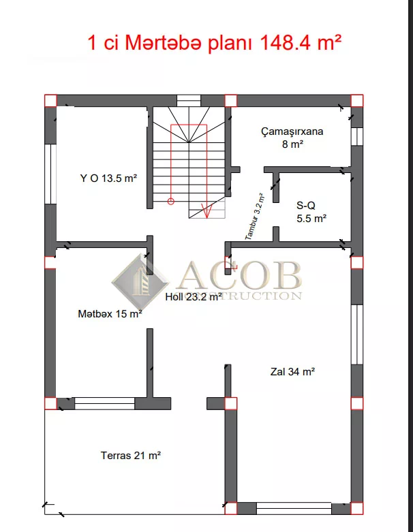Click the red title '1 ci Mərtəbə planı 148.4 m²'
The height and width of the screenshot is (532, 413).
214,43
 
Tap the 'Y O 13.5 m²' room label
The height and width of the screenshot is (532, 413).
108,178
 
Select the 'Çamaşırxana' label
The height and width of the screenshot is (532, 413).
292,131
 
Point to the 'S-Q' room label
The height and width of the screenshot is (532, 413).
306,206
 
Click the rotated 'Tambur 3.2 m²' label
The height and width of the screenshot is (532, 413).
255,217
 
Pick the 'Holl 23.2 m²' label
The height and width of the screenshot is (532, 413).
194,297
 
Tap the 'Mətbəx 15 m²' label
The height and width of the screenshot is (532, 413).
110,314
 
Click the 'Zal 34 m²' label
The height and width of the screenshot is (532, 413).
292,372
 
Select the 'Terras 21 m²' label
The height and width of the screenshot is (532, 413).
130,455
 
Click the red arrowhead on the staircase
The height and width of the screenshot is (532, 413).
207,211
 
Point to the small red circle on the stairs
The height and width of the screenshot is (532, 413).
171,201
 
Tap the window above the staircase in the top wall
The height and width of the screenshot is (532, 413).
189,101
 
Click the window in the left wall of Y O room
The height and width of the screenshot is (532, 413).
50,174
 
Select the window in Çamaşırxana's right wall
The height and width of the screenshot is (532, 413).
356,137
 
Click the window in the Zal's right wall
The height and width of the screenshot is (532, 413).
356,334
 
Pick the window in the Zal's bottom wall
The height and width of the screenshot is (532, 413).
294,508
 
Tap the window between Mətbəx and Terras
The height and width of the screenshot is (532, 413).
104,403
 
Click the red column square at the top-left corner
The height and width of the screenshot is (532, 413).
50,101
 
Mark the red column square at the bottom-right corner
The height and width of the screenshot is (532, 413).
356,508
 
